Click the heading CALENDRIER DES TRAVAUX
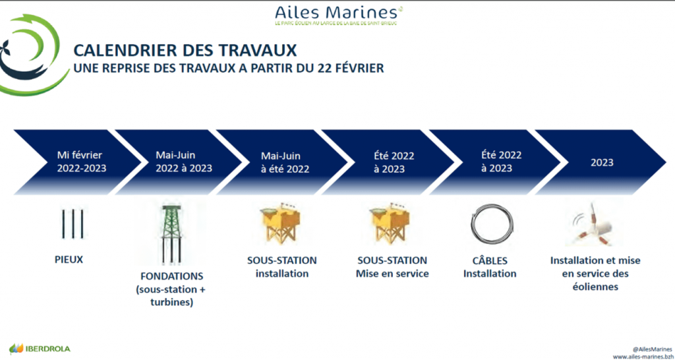(185, 50)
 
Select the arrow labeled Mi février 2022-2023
(78, 162)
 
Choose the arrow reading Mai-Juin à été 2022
(285, 162)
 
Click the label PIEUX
(69, 260)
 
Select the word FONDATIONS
(172, 276)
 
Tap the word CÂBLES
(490, 260)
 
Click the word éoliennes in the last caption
(595, 286)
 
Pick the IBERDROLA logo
(40, 348)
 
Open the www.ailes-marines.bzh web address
(641, 357)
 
